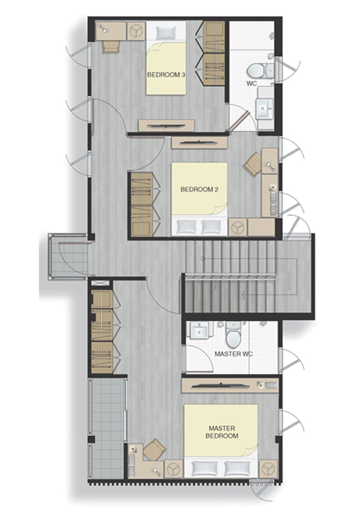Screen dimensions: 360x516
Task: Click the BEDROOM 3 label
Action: [x=166, y=75]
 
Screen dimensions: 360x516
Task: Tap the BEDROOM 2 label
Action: [x=199, y=189]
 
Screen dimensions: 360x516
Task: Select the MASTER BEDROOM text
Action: [x=222, y=432]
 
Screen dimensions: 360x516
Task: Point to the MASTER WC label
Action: [x=233, y=354]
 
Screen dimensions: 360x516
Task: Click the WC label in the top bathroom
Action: [x=252, y=84]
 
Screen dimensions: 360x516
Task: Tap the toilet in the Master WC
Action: [x=233, y=335]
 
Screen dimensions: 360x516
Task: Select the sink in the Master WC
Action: [x=200, y=331]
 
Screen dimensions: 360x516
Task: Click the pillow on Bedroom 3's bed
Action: [x=166, y=33]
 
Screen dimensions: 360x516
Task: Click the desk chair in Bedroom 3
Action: [x=111, y=47]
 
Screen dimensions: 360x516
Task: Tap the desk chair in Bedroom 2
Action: [x=253, y=164]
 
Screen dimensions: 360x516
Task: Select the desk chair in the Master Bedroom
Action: [x=154, y=449]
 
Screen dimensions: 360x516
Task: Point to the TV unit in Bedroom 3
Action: [x=166, y=125]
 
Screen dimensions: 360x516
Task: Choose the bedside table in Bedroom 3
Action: [x=136, y=31]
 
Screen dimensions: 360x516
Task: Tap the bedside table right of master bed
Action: [x=268, y=468]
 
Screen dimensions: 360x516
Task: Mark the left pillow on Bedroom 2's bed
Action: [x=187, y=227]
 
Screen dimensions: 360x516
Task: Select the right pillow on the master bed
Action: [x=236, y=468]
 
